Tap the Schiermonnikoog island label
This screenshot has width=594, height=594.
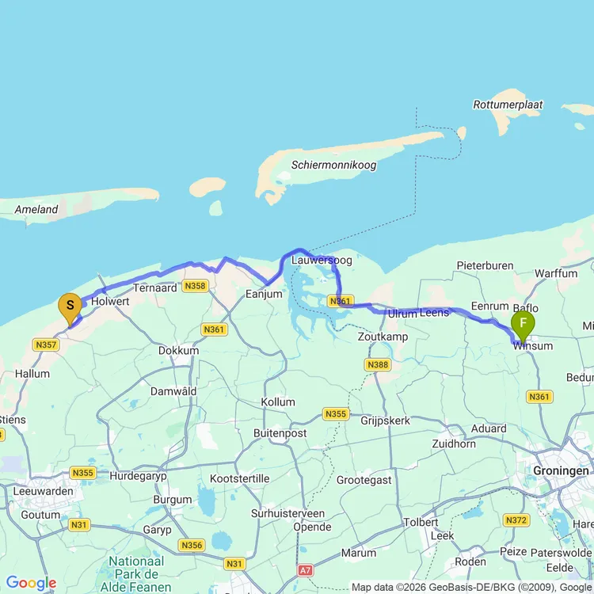click(x=333, y=165)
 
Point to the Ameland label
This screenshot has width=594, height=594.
click(x=36, y=209)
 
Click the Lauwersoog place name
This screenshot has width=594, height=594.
click(x=321, y=260)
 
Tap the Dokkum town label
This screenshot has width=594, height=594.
click(x=178, y=350)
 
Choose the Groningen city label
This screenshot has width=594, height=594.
click(x=562, y=470)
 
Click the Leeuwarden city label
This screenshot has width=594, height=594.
click(x=44, y=491)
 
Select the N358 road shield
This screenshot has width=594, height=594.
click(x=194, y=286)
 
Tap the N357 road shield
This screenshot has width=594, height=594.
click(x=46, y=345)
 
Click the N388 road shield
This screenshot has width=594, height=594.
click(x=377, y=364)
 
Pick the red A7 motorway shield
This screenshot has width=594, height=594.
click(x=307, y=569)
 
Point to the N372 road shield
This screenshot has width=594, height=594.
click(x=516, y=520)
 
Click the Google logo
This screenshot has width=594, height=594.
click(x=32, y=584)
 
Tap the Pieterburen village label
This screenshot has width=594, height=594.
click(x=485, y=266)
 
